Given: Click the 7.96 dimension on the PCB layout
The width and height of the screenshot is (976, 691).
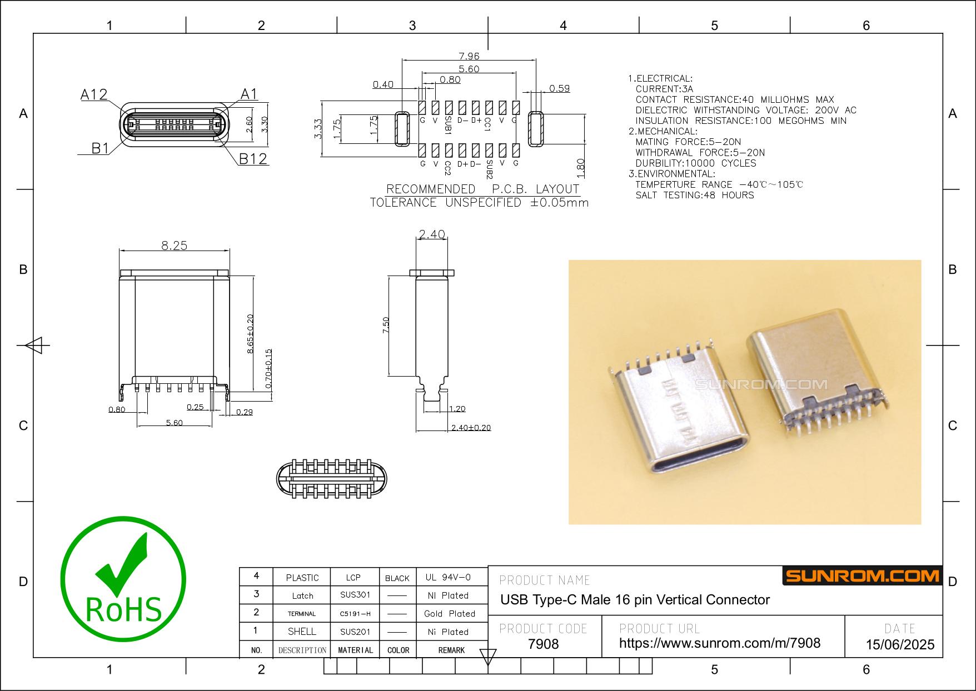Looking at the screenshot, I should [469, 56].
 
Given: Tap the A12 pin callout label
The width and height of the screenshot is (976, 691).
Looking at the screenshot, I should [94, 95].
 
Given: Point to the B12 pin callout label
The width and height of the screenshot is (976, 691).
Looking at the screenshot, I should [253, 159].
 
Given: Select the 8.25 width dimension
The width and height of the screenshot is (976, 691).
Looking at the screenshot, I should [175, 246].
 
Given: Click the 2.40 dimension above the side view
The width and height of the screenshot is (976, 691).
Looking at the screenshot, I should [432, 234].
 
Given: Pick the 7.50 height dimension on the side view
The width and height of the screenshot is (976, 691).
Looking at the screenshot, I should [386, 325].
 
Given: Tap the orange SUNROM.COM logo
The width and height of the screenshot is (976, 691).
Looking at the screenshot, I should [862, 576].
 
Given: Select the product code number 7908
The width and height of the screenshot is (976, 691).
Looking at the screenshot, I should [543, 644].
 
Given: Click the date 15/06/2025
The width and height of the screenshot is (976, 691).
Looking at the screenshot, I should [900, 645].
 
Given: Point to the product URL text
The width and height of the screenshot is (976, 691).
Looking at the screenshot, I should [720, 643].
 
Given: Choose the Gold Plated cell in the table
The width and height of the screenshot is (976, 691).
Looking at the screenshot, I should [450, 614].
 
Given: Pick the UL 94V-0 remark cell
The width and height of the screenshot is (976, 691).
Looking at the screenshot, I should [448, 577].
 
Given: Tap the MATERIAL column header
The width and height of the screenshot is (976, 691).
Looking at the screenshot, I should [356, 650].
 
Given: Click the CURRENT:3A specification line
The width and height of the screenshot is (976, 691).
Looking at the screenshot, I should [664, 89].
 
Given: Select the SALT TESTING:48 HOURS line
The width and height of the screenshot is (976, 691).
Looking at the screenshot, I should [695, 195].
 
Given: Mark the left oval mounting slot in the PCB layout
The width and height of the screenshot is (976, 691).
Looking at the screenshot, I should [402, 129].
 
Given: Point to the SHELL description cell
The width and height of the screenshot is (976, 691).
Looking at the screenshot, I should [302, 632].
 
